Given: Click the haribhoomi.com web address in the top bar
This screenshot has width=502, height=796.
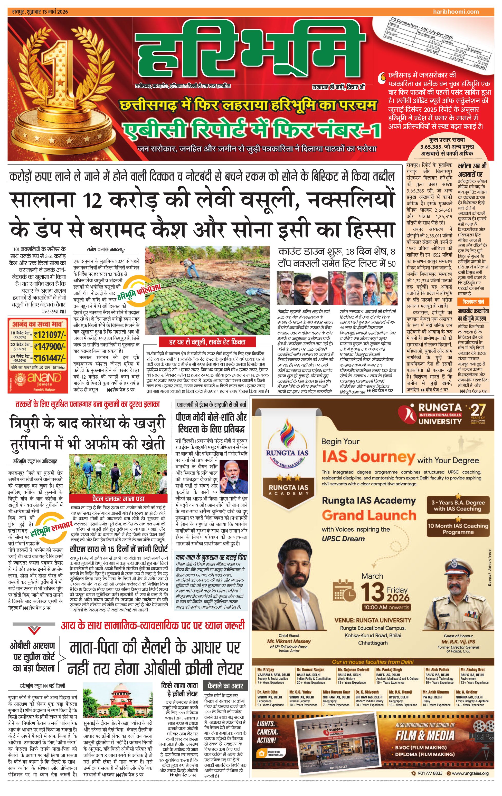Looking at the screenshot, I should (x=456, y=12).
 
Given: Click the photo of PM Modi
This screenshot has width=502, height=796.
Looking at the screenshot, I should (x=233, y=477).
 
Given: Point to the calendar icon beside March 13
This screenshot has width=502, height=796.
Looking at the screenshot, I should (x=344, y=590).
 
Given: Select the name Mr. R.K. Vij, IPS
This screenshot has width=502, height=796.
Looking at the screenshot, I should (x=458, y=641).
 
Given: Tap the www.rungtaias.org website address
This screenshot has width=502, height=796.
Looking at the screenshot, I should (x=470, y=773).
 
